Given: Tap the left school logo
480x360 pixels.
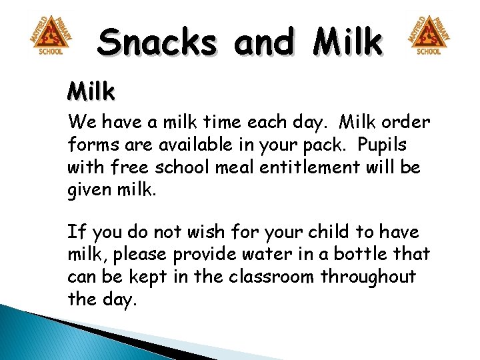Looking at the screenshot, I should tap(51, 35).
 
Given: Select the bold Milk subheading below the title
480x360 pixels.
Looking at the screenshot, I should tap(91, 91).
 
